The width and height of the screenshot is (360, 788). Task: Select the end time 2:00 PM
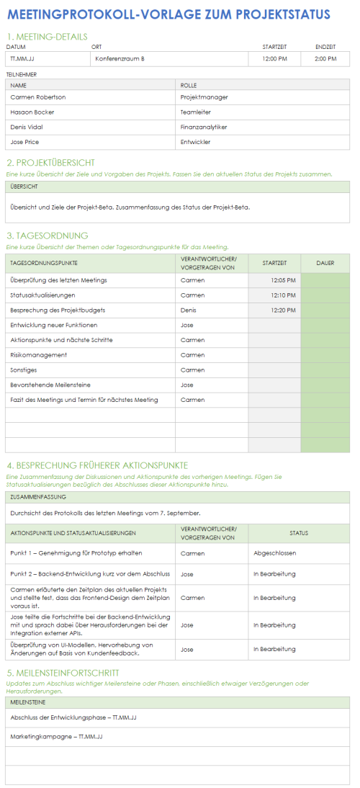(325, 59)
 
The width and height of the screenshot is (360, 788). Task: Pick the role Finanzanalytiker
(204, 127)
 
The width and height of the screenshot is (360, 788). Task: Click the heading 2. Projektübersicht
(60, 163)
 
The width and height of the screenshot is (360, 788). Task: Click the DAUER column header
(325, 263)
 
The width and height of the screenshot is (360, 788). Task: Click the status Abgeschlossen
(274, 553)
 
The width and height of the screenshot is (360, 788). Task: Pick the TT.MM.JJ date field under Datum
(22, 59)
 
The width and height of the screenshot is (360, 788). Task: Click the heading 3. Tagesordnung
(48, 236)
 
